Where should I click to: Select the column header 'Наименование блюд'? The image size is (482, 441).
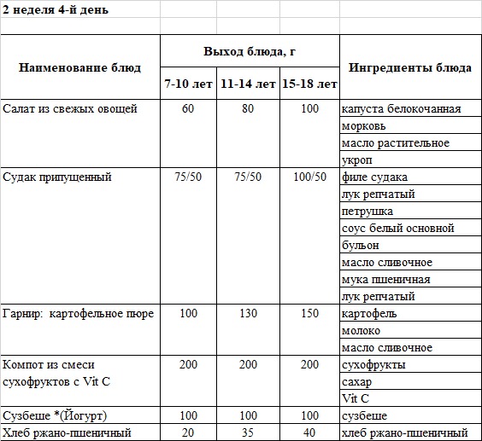(80, 67)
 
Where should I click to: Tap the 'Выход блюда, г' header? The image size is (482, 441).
(250, 51)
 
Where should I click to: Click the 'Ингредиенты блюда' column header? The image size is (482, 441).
(410, 67)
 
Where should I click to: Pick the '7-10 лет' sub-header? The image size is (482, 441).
(189, 84)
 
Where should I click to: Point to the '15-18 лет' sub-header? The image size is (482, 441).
(310, 84)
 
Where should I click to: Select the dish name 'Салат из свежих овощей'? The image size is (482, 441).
(70, 109)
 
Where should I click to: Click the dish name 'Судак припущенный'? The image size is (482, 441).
(57, 177)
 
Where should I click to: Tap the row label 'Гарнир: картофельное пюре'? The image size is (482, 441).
(79, 314)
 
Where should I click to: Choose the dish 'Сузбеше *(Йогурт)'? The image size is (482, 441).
(56, 416)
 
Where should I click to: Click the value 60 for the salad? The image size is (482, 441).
(189, 109)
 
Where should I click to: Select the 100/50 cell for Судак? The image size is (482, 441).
(310, 177)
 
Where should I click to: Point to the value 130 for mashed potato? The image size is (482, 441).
(249, 314)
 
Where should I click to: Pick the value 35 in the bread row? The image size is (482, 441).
(249, 433)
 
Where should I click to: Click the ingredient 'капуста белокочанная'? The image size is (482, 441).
(401, 109)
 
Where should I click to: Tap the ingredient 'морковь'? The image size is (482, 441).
(363, 126)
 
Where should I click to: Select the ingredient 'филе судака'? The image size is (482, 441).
(374, 177)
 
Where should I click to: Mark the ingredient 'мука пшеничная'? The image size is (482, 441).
(385, 280)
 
